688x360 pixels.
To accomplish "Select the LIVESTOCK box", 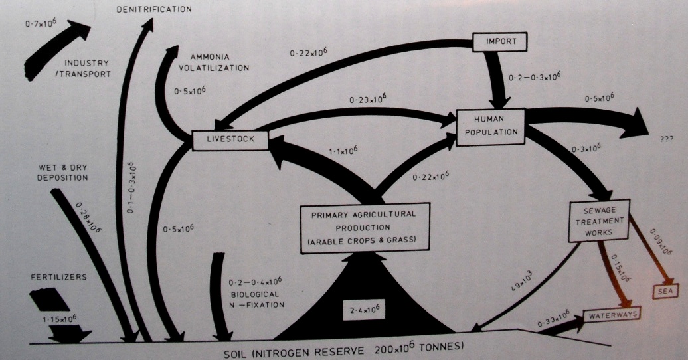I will (228, 140).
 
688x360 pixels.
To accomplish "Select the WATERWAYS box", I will (611, 314).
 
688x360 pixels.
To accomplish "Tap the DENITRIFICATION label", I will (154, 9).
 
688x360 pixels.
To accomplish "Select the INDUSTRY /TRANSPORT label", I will (88, 68).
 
